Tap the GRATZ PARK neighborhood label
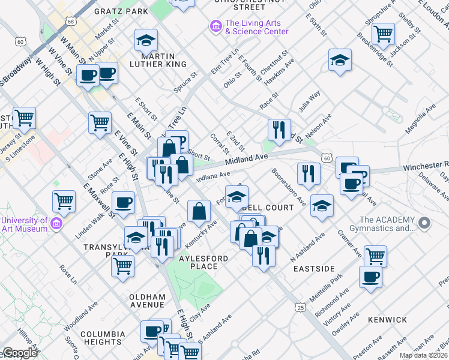click(x=121, y=11)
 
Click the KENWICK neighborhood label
click(x=388, y=320)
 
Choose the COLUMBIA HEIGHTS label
click(x=103, y=338)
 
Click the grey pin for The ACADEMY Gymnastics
click(x=424, y=224)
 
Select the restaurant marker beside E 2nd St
click(x=279, y=130)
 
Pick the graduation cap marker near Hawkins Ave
click(x=340, y=60)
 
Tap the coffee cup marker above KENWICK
click(x=370, y=277)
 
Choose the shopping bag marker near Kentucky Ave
click(x=199, y=212)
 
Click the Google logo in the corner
click(x=19, y=353)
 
